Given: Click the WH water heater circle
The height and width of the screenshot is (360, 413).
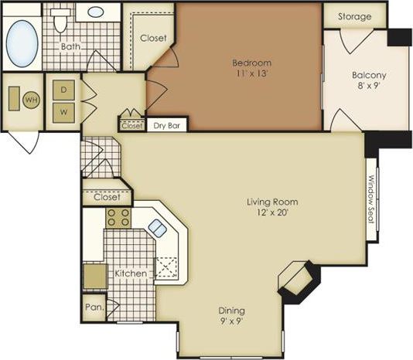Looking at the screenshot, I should click(x=31, y=99).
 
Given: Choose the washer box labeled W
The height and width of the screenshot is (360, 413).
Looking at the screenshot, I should click(x=63, y=110).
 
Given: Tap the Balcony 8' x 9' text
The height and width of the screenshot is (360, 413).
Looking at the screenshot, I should click(x=369, y=81).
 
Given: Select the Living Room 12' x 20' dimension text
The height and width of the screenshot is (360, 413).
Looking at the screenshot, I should click(x=272, y=208).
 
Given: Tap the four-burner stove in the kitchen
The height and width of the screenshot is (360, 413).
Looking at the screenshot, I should click(x=118, y=218).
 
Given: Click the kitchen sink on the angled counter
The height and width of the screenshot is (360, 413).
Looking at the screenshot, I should click(x=157, y=227).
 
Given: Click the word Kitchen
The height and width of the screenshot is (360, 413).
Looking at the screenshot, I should click(x=131, y=274).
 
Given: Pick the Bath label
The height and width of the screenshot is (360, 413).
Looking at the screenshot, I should click(x=71, y=46).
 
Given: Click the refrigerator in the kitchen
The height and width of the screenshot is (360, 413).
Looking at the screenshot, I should click(x=94, y=276).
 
